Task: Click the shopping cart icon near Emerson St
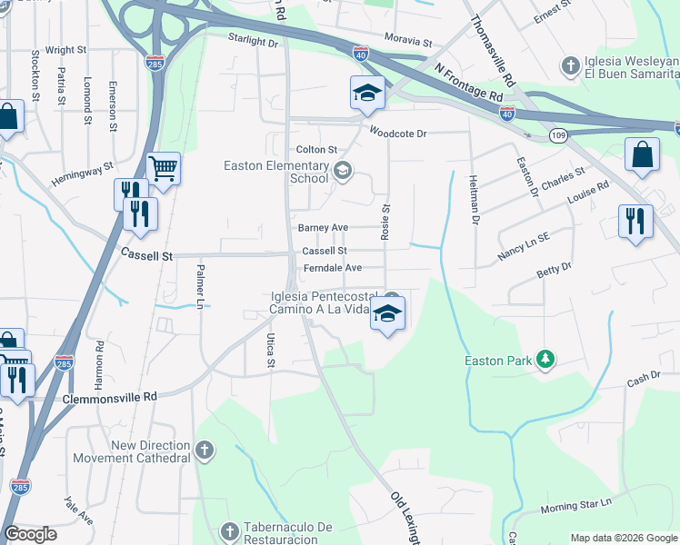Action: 163,168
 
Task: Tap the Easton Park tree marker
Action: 545,361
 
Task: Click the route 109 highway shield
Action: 559,134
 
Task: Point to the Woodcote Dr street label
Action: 397,133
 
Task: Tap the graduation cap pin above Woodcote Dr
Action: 366,93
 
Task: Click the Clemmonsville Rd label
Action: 110,397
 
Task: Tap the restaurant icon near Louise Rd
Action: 635,221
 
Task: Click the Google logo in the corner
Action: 30,534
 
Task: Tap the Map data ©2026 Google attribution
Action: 624,538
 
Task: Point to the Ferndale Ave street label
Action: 333,268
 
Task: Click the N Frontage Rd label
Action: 468,83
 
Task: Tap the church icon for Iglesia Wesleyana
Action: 570,65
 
